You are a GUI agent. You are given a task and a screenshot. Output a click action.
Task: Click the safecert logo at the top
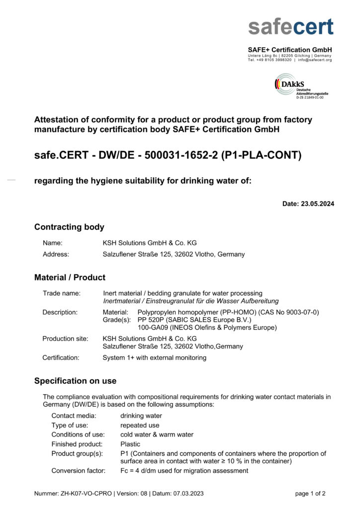coord(291,25)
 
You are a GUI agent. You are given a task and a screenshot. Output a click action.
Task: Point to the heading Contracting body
coord(69,227)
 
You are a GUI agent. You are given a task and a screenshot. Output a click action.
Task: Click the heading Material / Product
coord(70,277)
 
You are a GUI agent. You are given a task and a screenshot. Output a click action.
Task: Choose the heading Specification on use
coord(75,381)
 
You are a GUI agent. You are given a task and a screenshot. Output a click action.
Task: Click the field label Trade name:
coord(61,293)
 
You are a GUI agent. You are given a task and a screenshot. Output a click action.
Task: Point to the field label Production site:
coord(65,339)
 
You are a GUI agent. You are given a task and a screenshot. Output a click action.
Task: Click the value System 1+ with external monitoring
coord(154,357)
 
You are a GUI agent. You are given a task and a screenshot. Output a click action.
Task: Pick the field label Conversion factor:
coord(78,470)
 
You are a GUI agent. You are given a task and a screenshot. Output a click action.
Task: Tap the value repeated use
coord(140,425)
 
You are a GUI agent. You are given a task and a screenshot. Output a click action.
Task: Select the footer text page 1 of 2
coord(310,494)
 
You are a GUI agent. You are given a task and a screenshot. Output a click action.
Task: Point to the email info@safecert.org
coord(315,60)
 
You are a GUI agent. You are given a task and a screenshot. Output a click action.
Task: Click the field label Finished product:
coord(77,444)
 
